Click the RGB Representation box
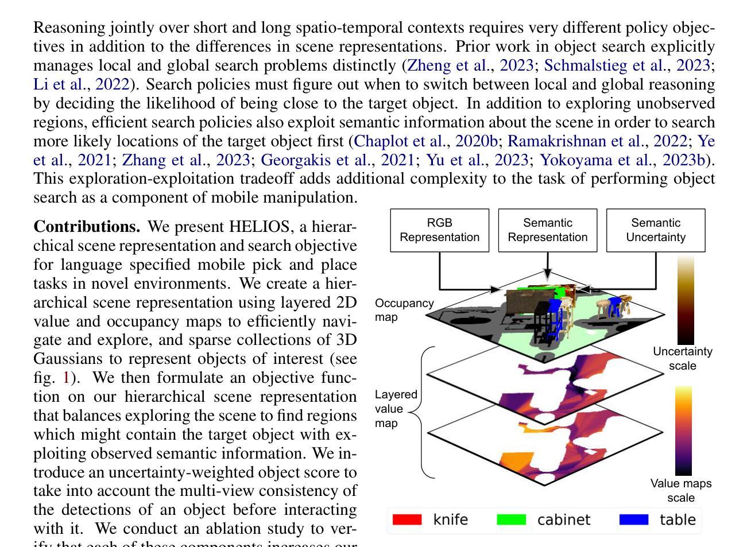click(439, 230)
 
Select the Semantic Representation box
click(547, 230)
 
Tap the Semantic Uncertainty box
click(656, 230)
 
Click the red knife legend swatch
click(407, 519)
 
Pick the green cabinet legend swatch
click(511, 519)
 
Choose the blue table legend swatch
click(634, 519)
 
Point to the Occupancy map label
click(404, 310)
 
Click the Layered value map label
click(396, 409)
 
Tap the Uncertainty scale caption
click(682, 358)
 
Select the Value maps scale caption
click(681, 490)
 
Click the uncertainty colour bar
click(686, 300)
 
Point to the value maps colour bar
click(683, 430)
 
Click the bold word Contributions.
click(87, 227)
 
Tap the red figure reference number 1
click(67, 378)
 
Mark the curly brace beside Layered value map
click(424, 412)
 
